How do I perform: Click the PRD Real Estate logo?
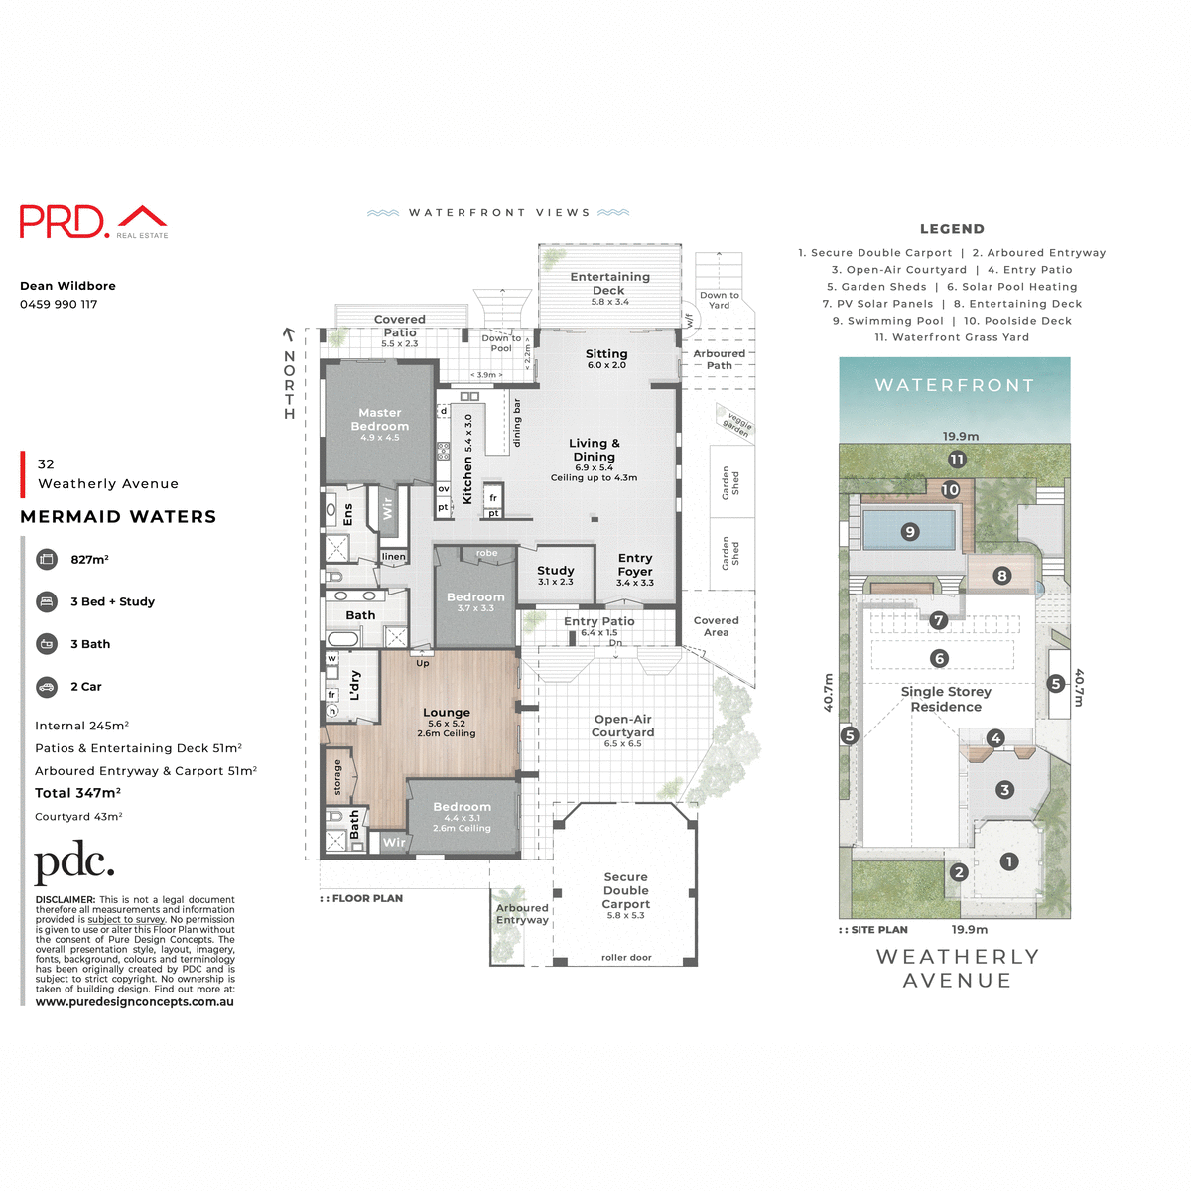pyautogui.click(x=93, y=221)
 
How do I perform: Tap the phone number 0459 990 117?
pyautogui.click(x=59, y=304)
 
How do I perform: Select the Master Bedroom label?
pyautogui.click(x=380, y=420)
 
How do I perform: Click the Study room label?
pyautogui.click(x=556, y=572)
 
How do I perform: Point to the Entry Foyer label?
pyautogui.click(x=635, y=565)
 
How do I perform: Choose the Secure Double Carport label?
pyautogui.click(x=626, y=891)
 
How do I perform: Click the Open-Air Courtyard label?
pyautogui.click(x=623, y=726)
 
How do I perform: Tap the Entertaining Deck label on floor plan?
pyautogui.click(x=609, y=284)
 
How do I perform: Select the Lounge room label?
pyautogui.click(x=447, y=713)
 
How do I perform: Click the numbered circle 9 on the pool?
pyautogui.click(x=910, y=532)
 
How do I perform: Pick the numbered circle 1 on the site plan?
pyautogui.click(x=1008, y=861)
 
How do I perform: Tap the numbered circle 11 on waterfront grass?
pyautogui.click(x=957, y=460)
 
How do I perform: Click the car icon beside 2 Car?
pyautogui.click(x=47, y=687)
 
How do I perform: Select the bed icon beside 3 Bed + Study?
pyautogui.click(x=47, y=601)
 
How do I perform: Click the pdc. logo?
pyautogui.click(x=74, y=863)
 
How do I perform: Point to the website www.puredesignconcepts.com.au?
pyautogui.click(x=135, y=1002)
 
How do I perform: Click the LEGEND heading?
pyautogui.click(x=952, y=229)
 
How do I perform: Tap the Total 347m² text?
pyautogui.click(x=77, y=793)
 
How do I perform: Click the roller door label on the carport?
pyautogui.click(x=626, y=958)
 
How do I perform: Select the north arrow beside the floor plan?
pyautogui.click(x=289, y=337)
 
